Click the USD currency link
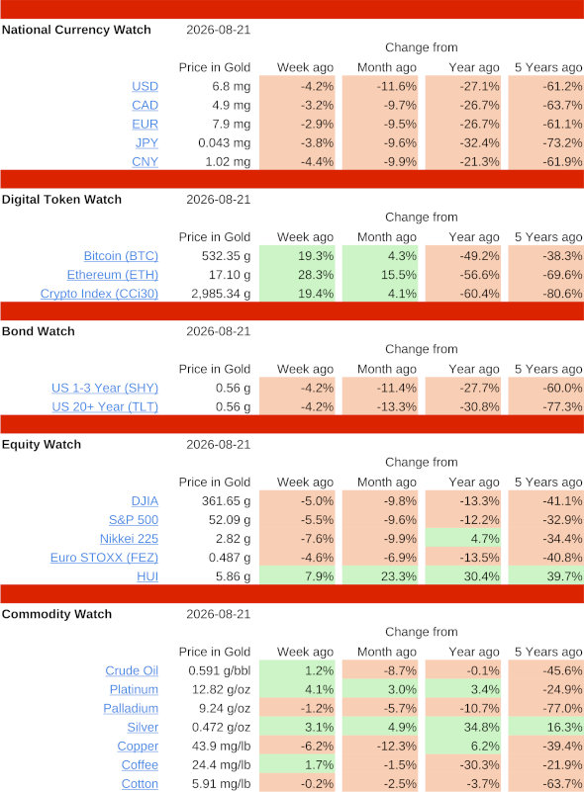pos(146,86)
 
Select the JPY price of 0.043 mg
pos(225,143)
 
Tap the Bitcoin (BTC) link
pos(121,256)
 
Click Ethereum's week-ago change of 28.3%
pos(316,275)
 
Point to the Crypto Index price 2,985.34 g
pos(221,294)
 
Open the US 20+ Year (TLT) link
pos(105,406)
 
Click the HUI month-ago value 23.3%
pos(399,576)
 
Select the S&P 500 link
pos(134,520)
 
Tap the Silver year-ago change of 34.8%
pos(481,728)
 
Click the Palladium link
pos(131,708)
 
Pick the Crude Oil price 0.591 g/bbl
pos(220,670)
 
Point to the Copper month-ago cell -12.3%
pos(396,747)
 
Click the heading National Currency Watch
pos(76,30)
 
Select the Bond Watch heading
pos(39,331)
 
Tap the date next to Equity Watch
pos(219,445)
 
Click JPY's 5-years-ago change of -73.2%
pos(562,143)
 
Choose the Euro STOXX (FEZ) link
pos(104,558)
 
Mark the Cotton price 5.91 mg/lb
pos(222,784)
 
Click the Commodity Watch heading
pos(57,614)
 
